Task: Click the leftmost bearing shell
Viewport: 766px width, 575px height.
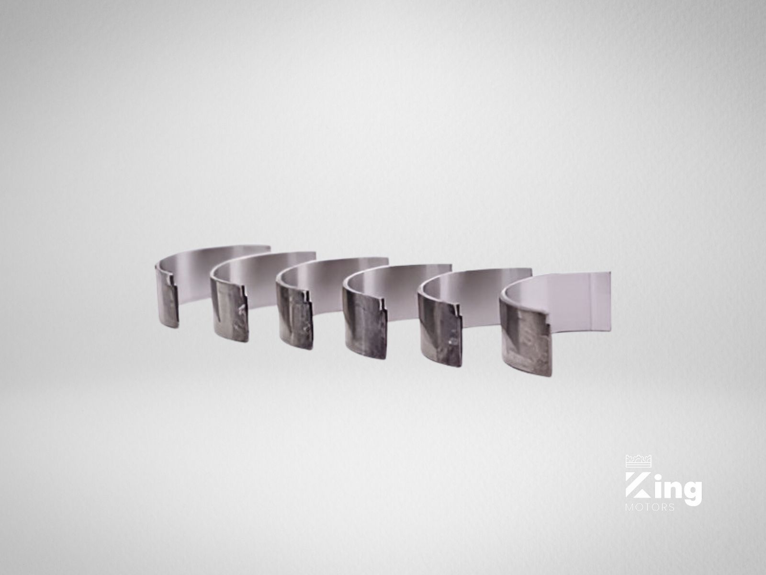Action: click(x=167, y=300)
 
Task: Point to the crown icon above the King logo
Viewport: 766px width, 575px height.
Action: click(x=638, y=461)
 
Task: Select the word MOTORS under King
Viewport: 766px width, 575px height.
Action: click(x=650, y=507)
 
